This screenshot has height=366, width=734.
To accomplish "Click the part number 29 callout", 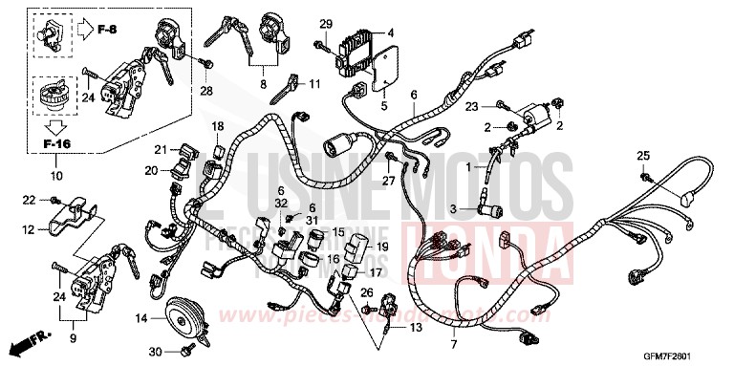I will coord(324,24).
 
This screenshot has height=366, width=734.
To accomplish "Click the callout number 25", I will coord(643,156).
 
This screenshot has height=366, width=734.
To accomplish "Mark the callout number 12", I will coord(29,229).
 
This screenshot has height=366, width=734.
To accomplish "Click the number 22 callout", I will coord(28,199).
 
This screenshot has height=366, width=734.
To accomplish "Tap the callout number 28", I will coord(204,92).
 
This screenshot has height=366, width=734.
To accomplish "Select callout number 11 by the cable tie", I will coord(313,85).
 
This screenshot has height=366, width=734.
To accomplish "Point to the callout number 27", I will coord(390,181).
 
